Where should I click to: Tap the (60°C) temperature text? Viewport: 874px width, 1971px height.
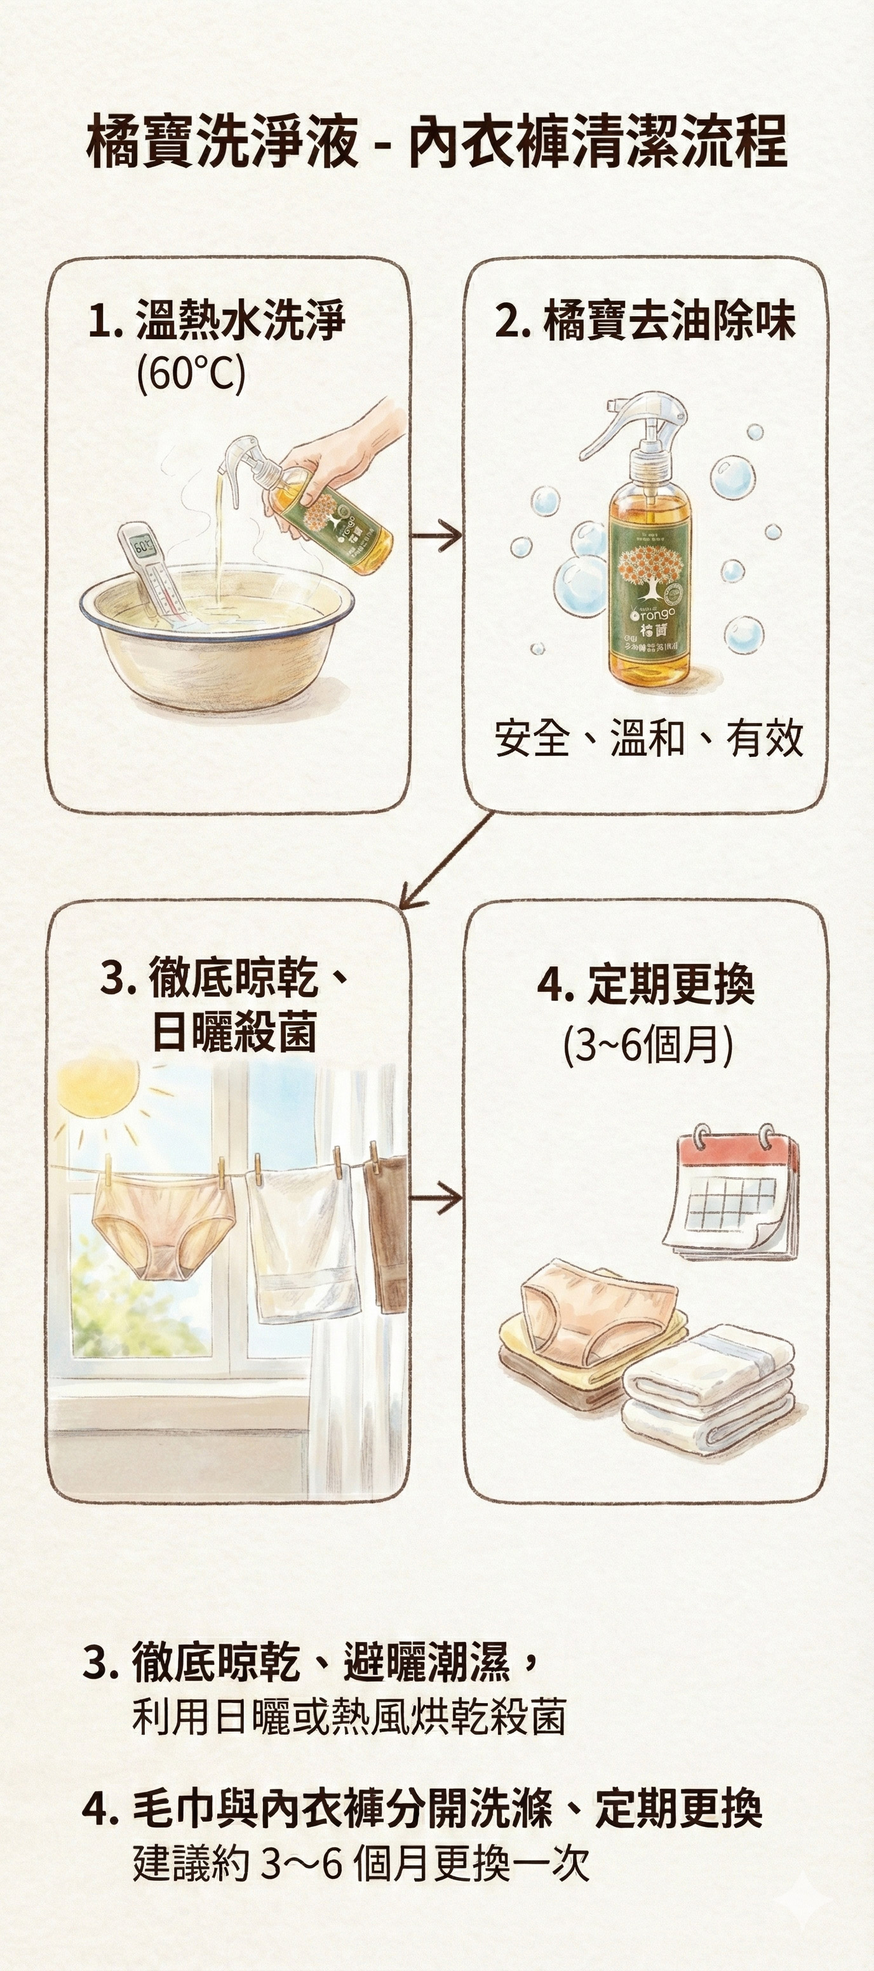tap(191, 374)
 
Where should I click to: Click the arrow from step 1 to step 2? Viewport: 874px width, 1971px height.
tap(436, 535)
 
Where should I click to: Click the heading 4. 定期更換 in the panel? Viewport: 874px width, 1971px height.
tap(647, 985)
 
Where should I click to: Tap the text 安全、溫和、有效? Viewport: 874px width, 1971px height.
tap(649, 738)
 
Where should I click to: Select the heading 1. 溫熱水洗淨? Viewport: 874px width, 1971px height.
tap(218, 321)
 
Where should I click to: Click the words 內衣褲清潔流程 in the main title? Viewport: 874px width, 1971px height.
tap(597, 142)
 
